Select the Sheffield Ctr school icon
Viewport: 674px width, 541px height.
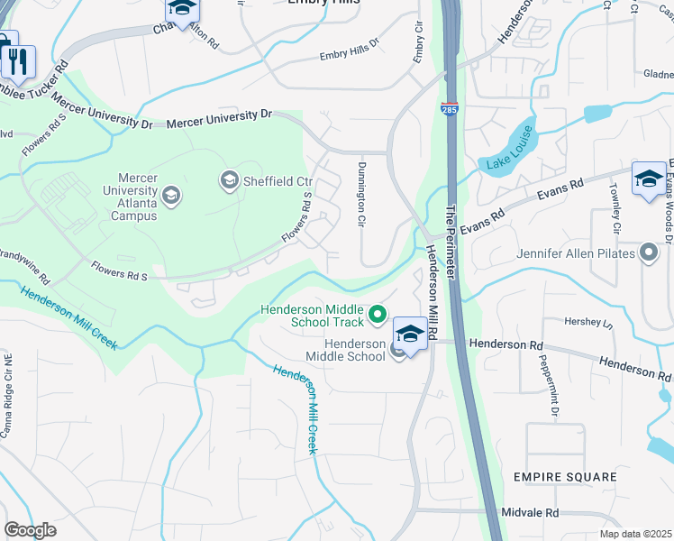pos(228,181)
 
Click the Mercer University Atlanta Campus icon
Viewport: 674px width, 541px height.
pos(170,195)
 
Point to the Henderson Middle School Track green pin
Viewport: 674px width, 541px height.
pos(378,315)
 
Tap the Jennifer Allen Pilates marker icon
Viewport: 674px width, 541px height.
pos(647,253)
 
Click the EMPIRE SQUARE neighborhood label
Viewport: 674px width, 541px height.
pos(565,476)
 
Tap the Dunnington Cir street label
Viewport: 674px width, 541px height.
pos(360,194)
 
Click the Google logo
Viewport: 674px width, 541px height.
pos(30,530)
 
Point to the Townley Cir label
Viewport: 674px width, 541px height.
pos(615,205)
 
